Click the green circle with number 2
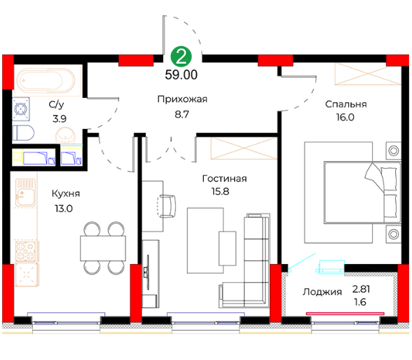tap(181, 57)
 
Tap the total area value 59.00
tap(181, 75)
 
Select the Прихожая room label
tap(182, 99)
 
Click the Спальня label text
tap(346, 104)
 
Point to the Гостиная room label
tap(224, 179)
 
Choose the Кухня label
tap(66, 194)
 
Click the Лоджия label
tap(322, 292)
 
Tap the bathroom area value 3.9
tap(60, 119)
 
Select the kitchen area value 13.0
tap(64, 209)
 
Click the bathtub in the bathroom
tap(46, 81)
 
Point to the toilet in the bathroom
tap(23, 132)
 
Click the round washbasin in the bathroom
tap(65, 135)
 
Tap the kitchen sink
tap(25, 193)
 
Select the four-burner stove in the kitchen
tap(26, 251)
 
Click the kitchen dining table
tap(103, 248)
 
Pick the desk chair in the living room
tap(167, 207)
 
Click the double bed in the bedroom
tap(362, 193)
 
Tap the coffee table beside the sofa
tap(227, 249)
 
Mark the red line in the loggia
tap(345, 314)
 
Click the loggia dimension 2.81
tap(362, 289)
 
